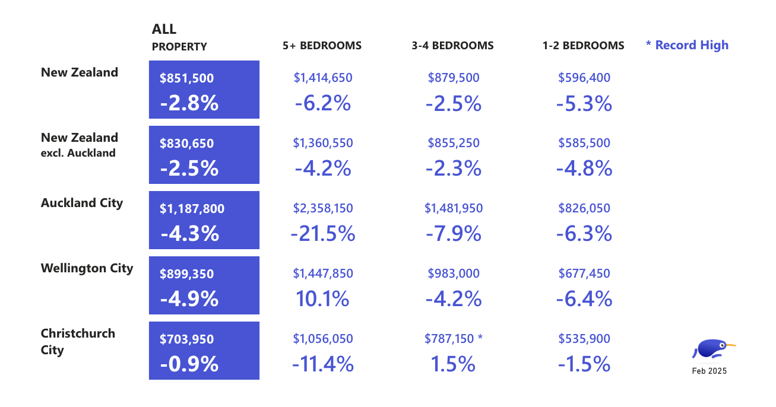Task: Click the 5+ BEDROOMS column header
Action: (x=322, y=46)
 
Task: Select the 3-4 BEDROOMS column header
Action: (x=453, y=46)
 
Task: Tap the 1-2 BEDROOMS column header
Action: (x=583, y=46)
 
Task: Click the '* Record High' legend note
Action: (x=687, y=45)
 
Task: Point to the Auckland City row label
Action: (x=82, y=203)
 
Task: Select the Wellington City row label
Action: (x=87, y=268)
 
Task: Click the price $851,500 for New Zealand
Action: (x=186, y=78)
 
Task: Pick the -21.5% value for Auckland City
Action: (x=322, y=234)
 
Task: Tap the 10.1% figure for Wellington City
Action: (x=322, y=299)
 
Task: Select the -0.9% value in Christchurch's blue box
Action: (x=189, y=364)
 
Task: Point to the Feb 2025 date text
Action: (x=709, y=371)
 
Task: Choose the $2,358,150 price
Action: (x=322, y=208)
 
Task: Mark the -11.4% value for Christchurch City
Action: (x=322, y=364)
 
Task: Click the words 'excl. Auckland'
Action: (x=78, y=153)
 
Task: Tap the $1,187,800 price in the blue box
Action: (x=192, y=209)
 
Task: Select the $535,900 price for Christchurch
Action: (x=584, y=339)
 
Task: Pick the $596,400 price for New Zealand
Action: (x=584, y=78)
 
